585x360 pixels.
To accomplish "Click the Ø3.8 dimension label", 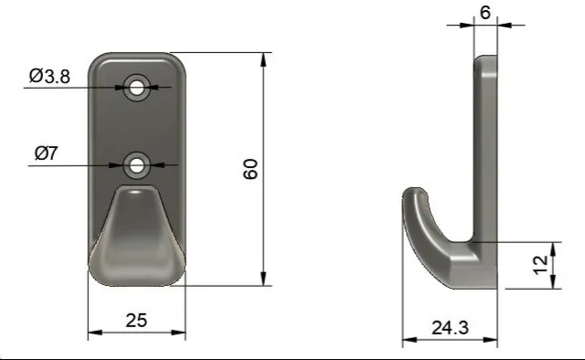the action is click(49, 76).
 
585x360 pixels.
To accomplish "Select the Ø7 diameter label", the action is click(47, 153).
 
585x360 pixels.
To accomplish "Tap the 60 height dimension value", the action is click(250, 169).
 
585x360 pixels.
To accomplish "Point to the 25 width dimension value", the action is click(136, 321).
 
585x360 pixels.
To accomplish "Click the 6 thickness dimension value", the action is click(485, 13).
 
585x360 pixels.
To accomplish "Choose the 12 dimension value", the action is click(540, 265).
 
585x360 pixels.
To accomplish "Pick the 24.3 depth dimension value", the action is click(450, 328).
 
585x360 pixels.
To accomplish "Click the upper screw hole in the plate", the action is click(136, 88).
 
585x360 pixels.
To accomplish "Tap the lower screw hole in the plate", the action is click(136, 165).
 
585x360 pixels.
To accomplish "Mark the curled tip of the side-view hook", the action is click(413, 193).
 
